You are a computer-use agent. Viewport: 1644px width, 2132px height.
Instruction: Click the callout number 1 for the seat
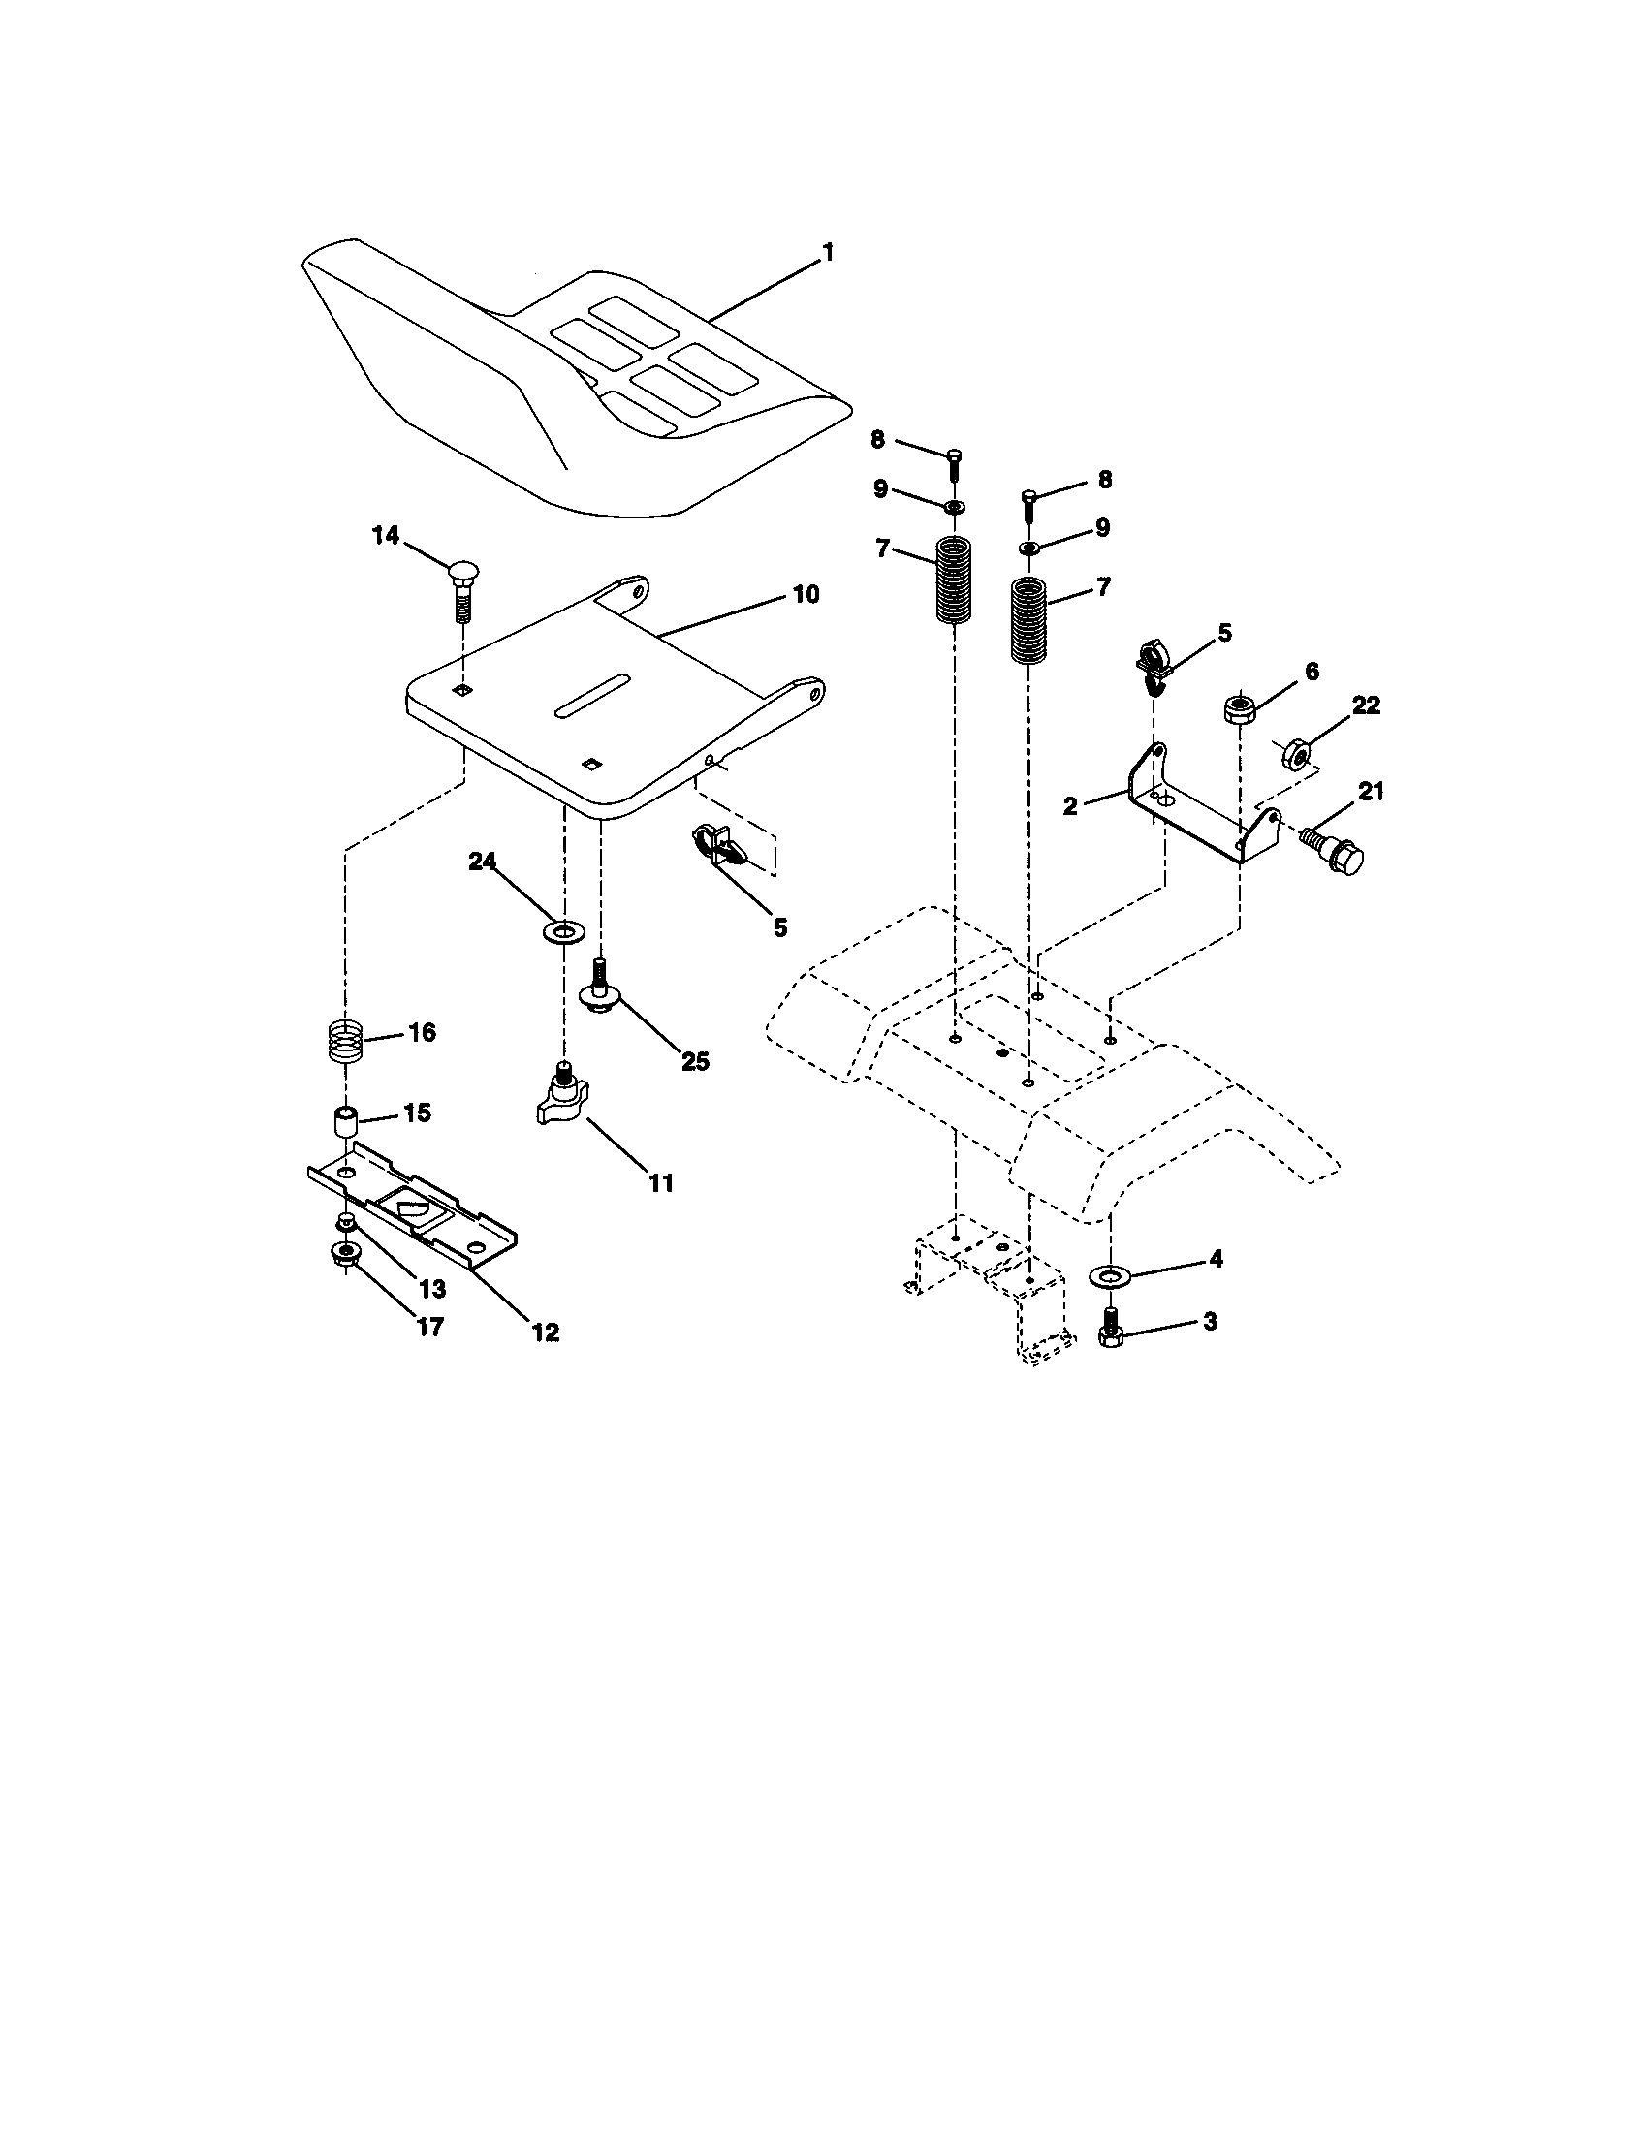point(828,253)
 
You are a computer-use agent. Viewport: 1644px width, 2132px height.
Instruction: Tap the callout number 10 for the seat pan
point(806,593)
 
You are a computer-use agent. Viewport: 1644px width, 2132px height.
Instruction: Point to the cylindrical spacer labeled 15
point(345,1120)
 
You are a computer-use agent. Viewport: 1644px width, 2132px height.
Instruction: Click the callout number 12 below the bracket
point(546,1332)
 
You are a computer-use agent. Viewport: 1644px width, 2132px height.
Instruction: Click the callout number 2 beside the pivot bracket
point(1071,806)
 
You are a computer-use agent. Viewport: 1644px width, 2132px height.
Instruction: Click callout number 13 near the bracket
point(431,1290)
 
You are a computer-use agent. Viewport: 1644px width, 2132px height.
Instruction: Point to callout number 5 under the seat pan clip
point(779,927)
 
